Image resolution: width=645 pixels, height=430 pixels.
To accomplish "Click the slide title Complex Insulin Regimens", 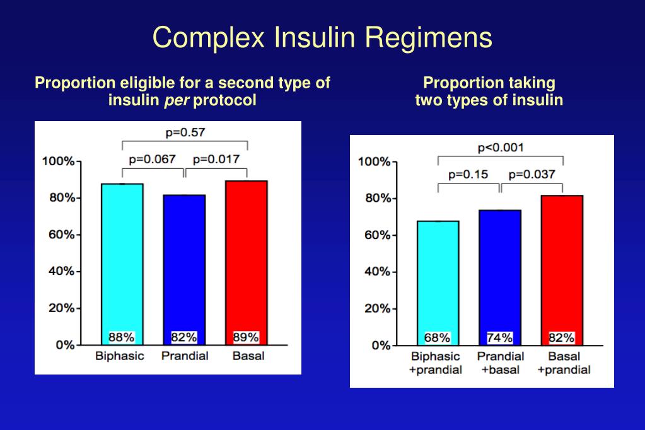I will (x=322, y=37).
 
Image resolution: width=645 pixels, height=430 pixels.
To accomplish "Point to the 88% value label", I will (x=121, y=337).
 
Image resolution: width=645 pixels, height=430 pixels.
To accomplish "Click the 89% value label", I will (x=246, y=337).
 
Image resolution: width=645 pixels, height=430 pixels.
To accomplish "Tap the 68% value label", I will (x=438, y=337).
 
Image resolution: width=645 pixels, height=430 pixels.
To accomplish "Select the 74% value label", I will (x=499, y=337).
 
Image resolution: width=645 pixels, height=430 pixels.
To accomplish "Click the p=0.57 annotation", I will (x=185, y=132).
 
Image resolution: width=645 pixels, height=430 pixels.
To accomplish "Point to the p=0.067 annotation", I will (x=152, y=159).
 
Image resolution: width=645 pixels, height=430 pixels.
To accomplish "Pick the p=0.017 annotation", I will (x=216, y=159).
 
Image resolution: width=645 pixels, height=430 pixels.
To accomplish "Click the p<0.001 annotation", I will (x=501, y=148).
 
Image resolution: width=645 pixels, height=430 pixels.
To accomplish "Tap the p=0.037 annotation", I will (x=532, y=175).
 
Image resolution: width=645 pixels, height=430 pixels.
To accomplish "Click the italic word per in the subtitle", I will (x=173, y=100).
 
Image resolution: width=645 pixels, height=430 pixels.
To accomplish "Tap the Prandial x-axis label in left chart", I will (x=185, y=356).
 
